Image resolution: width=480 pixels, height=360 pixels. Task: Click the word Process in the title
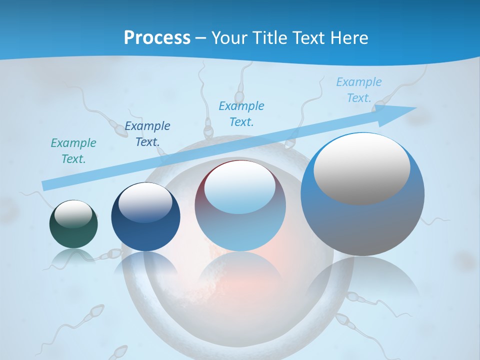[x=157, y=37]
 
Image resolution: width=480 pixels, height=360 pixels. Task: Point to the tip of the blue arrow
[x=415, y=108]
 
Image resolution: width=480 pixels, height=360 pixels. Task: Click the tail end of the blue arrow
[x=44, y=185]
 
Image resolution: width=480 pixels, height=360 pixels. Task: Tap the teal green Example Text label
[x=73, y=151]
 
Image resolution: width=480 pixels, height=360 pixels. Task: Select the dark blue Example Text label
[x=147, y=134]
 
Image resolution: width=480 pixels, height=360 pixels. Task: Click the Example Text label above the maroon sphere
[x=241, y=114]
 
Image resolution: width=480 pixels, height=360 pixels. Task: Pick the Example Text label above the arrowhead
[x=358, y=90]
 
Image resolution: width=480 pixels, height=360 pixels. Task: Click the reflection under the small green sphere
[x=73, y=256]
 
